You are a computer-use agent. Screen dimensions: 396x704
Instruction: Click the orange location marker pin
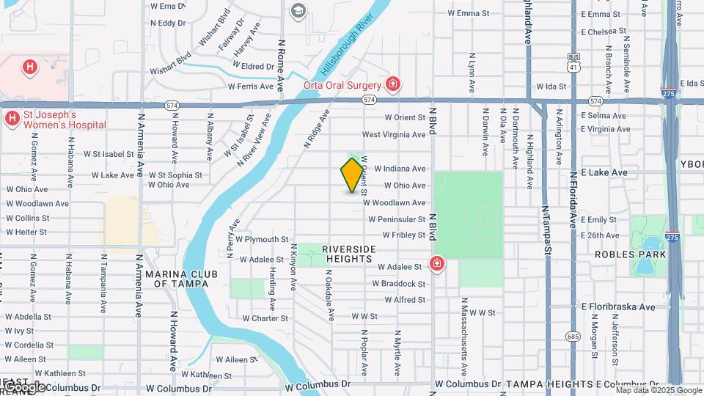pos(352,175)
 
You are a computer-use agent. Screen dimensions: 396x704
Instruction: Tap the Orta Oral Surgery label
pos(342,85)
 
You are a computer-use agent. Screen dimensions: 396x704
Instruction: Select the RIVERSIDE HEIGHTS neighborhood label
pos(349,254)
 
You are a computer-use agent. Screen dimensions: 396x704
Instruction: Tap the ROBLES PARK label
pos(630,254)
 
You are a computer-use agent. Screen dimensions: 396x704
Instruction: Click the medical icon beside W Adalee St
pos(437,263)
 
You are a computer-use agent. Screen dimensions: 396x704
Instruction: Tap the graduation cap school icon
pos(298,10)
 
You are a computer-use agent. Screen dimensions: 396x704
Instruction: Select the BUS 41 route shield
pos(573,62)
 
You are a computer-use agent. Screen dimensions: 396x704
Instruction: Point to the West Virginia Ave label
pos(394,135)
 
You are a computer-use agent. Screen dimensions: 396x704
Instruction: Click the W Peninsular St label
pos(397,219)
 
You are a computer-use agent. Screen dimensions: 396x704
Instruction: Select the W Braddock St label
pos(401,284)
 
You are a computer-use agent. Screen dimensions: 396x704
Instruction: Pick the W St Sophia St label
pos(175,175)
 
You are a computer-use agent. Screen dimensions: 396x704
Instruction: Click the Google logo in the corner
pos(24,386)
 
